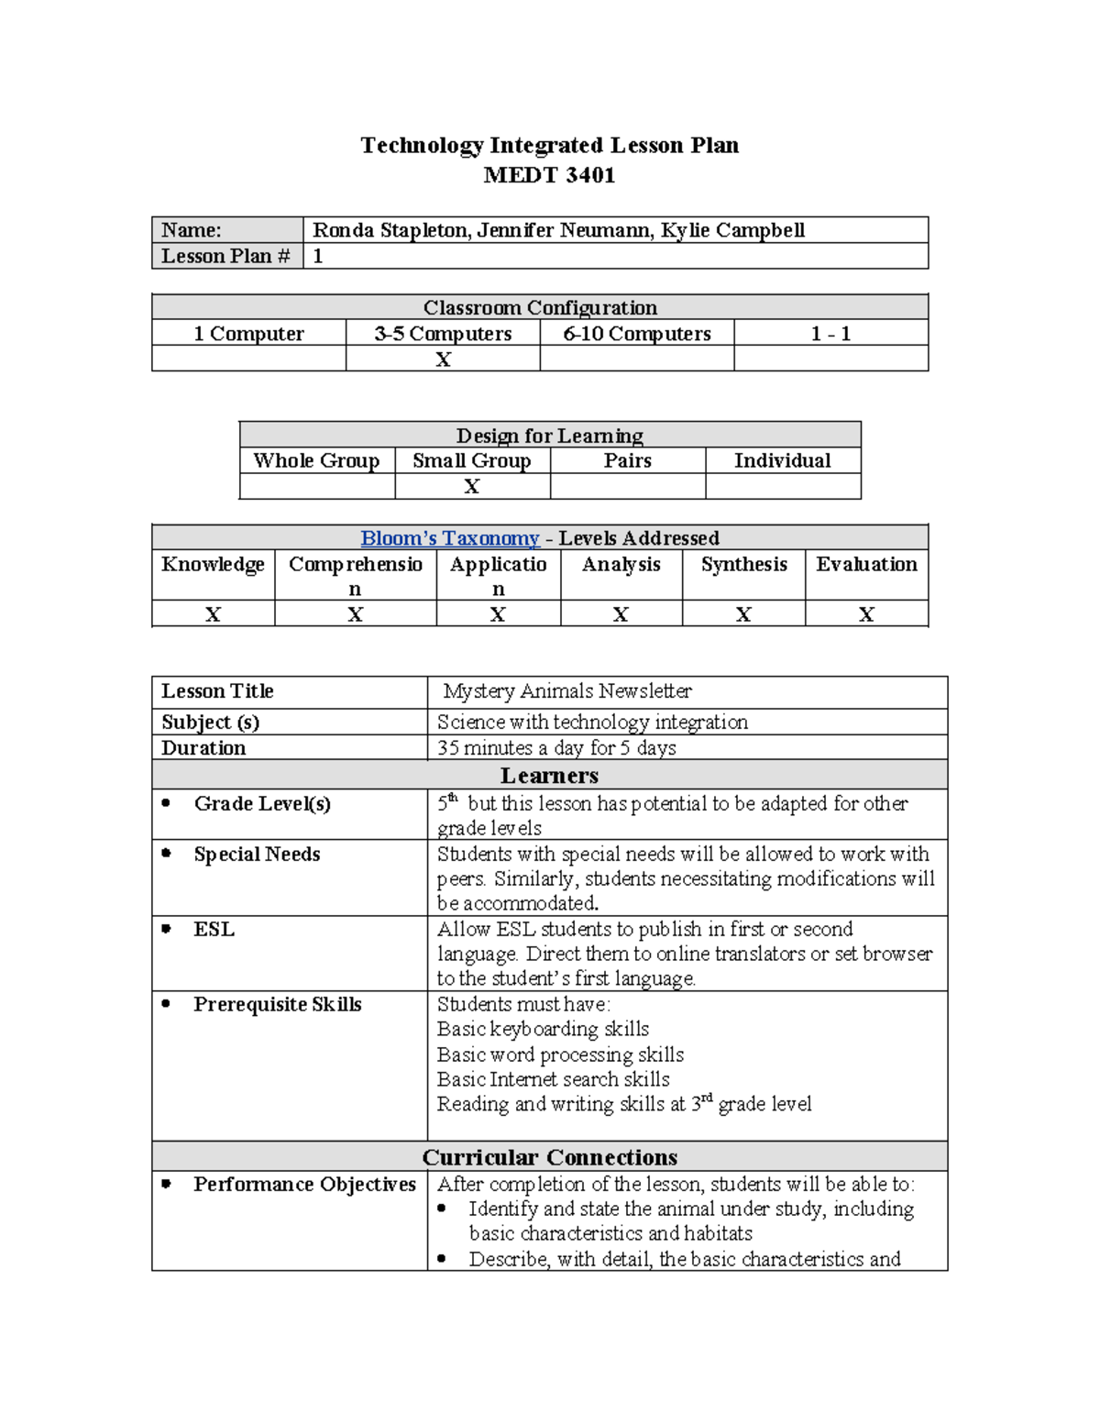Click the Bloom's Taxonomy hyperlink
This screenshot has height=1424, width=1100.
(x=449, y=538)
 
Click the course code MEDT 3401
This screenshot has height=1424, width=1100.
(x=549, y=175)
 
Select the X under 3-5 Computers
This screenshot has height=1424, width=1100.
(x=443, y=359)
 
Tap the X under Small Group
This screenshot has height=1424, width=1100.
(x=472, y=487)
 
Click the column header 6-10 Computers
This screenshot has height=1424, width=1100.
(x=637, y=334)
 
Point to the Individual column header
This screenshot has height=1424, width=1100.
(x=782, y=460)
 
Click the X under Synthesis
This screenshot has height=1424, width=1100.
(x=743, y=614)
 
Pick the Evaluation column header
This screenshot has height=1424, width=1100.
(x=866, y=564)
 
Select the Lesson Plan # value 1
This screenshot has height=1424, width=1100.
(x=318, y=256)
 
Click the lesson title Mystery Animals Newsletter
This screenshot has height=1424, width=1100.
(x=567, y=691)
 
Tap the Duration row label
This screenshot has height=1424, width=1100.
(x=203, y=748)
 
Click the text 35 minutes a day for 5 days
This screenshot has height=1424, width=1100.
(x=556, y=748)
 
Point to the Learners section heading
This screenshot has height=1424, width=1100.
(x=549, y=776)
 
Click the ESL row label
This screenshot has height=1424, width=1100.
(x=214, y=930)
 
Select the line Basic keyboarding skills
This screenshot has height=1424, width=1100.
(x=543, y=1029)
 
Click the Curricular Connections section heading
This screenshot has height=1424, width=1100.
(x=549, y=1157)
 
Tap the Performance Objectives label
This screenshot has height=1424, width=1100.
(x=304, y=1185)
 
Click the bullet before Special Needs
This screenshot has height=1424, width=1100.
(x=166, y=854)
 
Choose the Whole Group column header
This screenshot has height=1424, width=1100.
(x=316, y=460)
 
